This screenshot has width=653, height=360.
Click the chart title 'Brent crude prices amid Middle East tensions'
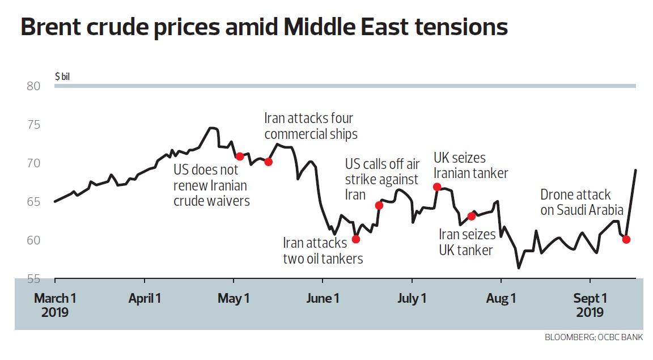(264, 27)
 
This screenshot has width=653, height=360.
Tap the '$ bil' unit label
(62, 76)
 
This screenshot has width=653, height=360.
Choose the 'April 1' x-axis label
(145, 298)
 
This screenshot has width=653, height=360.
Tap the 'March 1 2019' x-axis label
(55, 305)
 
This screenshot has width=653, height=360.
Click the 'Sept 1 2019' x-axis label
(590, 305)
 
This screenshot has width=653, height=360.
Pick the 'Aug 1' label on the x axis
(501, 298)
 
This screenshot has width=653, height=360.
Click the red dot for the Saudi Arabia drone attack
(626, 239)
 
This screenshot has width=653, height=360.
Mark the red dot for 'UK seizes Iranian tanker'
(437, 187)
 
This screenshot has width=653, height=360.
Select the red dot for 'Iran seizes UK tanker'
(471, 216)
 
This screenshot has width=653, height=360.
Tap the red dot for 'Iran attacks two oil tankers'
(355, 239)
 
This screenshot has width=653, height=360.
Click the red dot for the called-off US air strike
(379, 205)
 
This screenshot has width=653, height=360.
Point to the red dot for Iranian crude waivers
(239, 156)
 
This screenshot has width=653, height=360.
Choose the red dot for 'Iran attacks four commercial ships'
(268, 162)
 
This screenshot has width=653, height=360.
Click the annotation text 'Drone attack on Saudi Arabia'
(581, 202)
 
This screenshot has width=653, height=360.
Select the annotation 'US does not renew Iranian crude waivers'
(211, 185)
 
